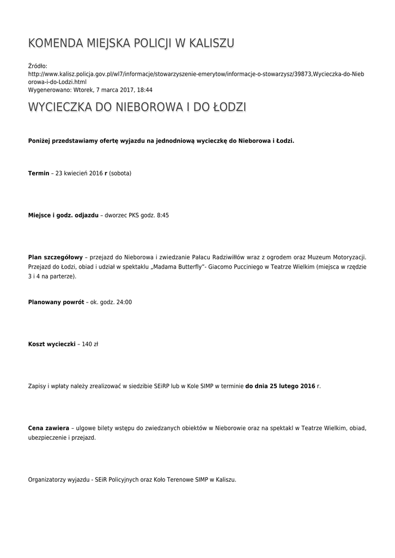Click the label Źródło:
pyautogui.click(x=38, y=66)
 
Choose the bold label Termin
pyautogui.click(x=39, y=173)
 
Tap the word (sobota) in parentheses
pyautogui.click(x=120, y=173)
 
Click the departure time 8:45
pyautogui.click(x=162, y=215)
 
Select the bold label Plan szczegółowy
pyautogui.click(x=55, y=257)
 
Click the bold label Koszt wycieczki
pyautogui.click(x=51, y=344)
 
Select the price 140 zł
pyautogui.click(x=90, y=344)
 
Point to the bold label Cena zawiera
pyautogui.click(x=48, y=428)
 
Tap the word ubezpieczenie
pyautogui.click(x=47, y=438)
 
